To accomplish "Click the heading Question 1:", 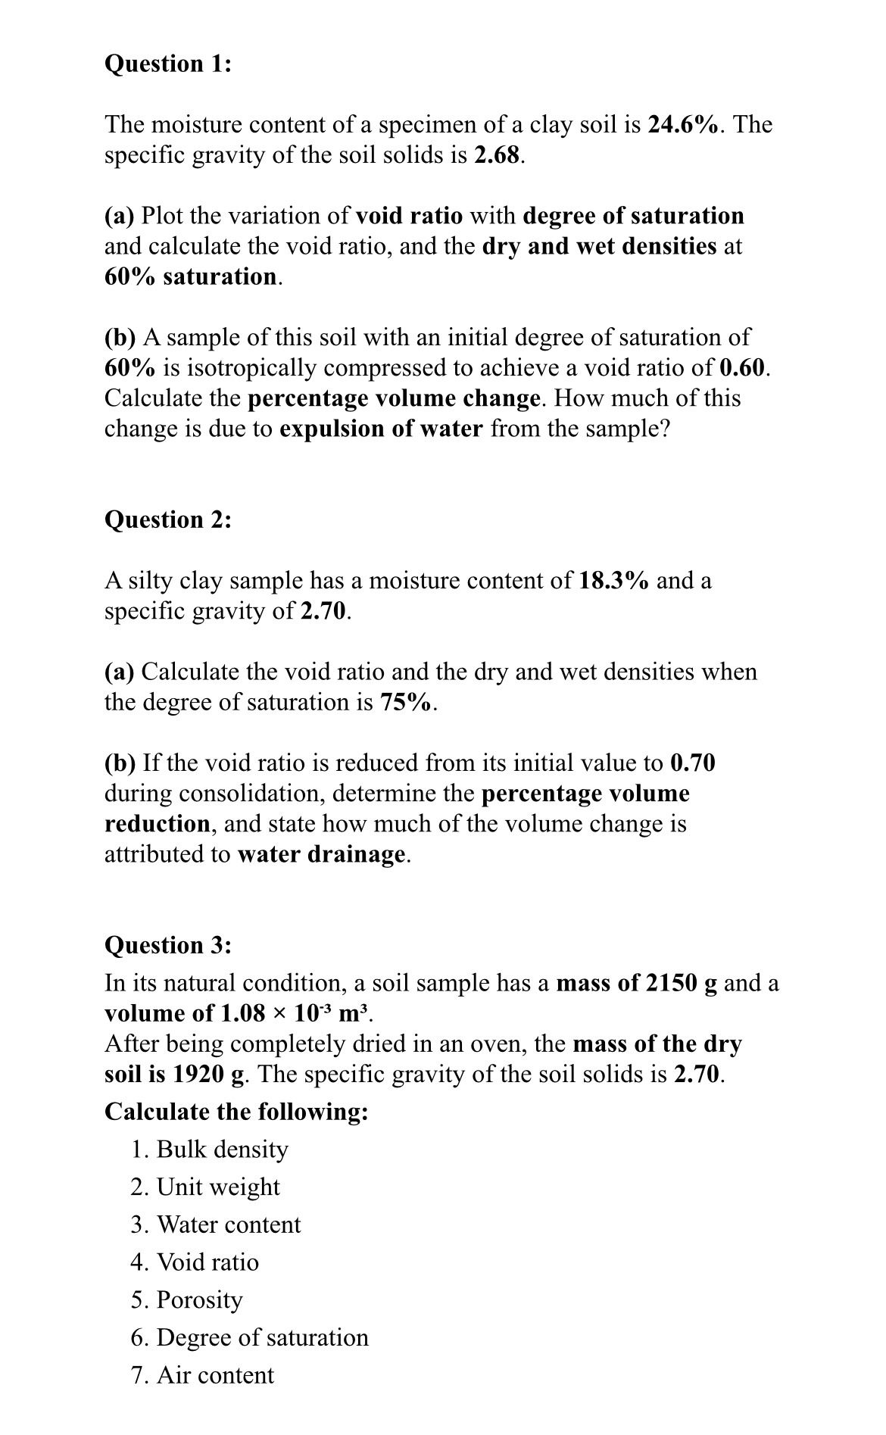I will (167, 64).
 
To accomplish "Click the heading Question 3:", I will (167, 945).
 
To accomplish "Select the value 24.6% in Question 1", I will (684, 124).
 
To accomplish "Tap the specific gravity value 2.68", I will (498, 155).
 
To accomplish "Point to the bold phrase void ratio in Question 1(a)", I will (409, 216).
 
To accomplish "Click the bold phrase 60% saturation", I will (192, 276).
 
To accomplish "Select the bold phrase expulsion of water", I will (381, 429).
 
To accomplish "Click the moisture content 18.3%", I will (613, 581).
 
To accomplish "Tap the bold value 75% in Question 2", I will (407, 702).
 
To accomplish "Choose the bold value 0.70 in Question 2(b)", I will (693, 763).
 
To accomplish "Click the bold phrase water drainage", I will (322, 854).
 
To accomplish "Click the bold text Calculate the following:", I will (236, 1111).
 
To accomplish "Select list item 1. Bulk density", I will (210, 1149).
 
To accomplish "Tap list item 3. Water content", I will (216, 1224).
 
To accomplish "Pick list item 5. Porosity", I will (187, 1299).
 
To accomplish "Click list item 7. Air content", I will (202, 1374).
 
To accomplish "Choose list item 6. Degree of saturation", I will (250, 1337).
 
